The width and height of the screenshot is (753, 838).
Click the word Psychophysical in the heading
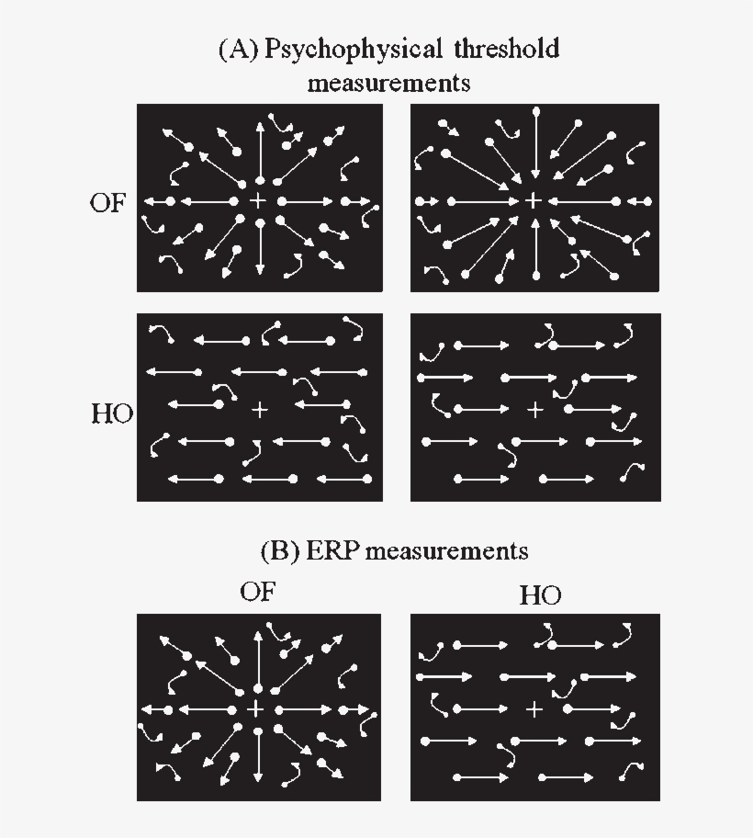pyautogui.click(x=353, y=50)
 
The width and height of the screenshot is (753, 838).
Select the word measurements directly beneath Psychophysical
pyautogui.click(x=388, y=84)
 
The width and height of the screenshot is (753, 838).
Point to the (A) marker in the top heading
pyautogui.click(x=239, y=50)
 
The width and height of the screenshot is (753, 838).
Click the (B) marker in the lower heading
pyautogui.click(x=280, y=551)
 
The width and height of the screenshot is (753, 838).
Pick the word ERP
pyautogui.click(x=331, y=551)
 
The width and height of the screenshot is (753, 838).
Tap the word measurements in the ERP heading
pyautogui.click(x=447, y=552)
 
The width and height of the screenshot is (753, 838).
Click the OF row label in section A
pyautogui.click(x=107, y=202)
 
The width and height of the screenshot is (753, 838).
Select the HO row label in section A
pyautogui.click(x=112, y=413)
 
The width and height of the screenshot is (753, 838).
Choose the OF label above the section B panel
pyautogui.click(x=258, y=592)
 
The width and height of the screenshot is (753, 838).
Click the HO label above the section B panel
pyautogui.click(x=541, y=595)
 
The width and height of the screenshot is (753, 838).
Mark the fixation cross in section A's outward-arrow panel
pyautogui.click(x=258, y=201)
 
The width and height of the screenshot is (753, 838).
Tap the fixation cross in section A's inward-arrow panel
pyautogui.click(x=534, y=201)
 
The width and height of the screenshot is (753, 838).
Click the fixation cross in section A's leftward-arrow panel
pyautogui.click(x=260, y=410)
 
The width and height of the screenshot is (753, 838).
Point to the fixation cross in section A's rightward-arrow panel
pyautogui.click(x=535, y=410)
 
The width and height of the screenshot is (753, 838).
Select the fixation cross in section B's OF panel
pyautogui.click(x=256, y=709)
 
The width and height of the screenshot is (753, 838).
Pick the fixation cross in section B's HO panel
pyautogui.click(x=534, y=709)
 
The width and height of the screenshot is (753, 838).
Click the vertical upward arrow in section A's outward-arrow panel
pyautogui.click(x=260, y=153)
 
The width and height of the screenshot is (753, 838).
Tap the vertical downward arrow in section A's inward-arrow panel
pyautogui.click(x=536, y=144)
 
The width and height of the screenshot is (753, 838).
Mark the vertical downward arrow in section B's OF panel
pyautogui.click(x=258, y=754)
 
